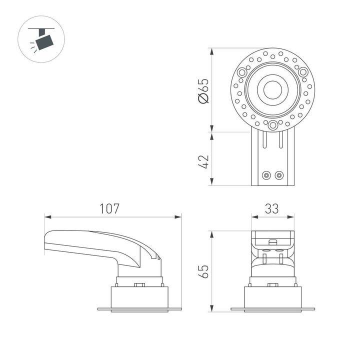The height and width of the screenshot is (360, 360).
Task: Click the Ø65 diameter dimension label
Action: tap(203, 91)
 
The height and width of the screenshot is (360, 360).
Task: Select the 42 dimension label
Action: tap(203, 161)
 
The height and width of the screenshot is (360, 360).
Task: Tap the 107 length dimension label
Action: tap(110, 208)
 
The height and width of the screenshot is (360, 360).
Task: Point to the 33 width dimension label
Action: tap(271, 208)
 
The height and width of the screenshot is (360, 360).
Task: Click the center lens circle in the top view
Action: tap(272, 90)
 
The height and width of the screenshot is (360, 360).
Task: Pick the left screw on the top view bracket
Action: tap(266, 175)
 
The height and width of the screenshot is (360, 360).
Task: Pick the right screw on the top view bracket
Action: tap(279, 175)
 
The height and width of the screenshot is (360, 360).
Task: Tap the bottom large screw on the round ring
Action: tap(272, 125)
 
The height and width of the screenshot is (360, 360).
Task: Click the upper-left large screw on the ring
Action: tap(242, 72)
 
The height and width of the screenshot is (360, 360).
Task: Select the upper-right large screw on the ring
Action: tap(303, 72)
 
